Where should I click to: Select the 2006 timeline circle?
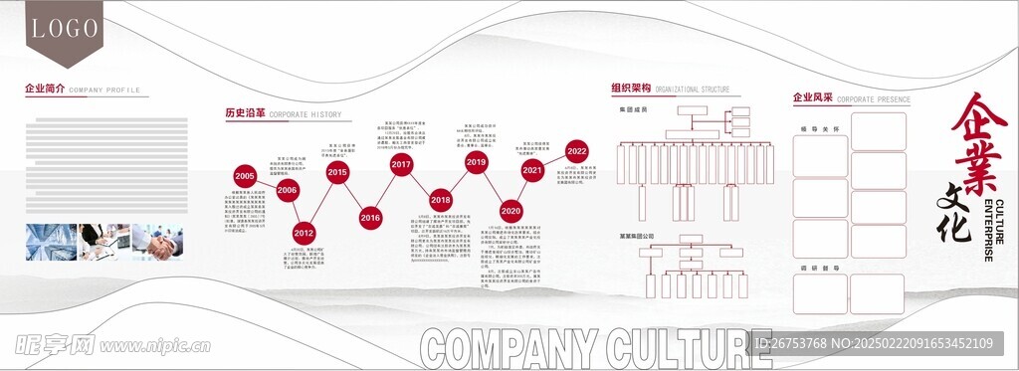288,189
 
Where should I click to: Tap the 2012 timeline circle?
304,232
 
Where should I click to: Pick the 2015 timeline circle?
337,172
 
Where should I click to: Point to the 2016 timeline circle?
370,216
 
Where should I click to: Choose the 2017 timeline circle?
401,164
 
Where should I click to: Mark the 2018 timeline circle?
441,199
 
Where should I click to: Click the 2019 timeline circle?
476,161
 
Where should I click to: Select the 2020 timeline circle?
510,211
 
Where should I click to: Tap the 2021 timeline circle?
532,170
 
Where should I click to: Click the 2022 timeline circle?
576,150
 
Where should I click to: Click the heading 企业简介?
45,89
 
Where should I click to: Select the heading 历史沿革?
245,113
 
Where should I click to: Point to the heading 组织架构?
631,89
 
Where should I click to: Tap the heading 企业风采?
811,98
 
